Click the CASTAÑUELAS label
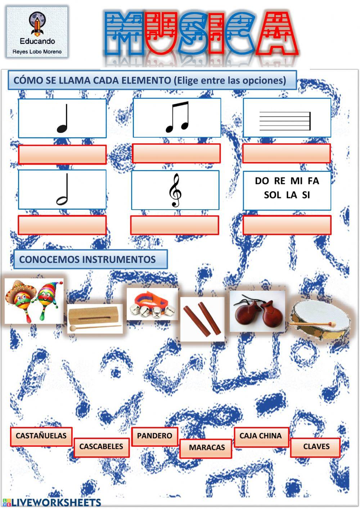point(41,436)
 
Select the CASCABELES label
point(101,447)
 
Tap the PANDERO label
point(154,436)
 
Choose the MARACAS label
point(207,448)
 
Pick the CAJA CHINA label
point(261,436)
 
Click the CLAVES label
point(316,447)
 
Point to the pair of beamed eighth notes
point(177,117)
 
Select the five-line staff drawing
point(285,121)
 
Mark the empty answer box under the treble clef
point(175,225)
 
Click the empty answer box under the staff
point(287,153)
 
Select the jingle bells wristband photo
point(152,304)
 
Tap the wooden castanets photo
point(257,312)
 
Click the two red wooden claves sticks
point(202,320)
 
